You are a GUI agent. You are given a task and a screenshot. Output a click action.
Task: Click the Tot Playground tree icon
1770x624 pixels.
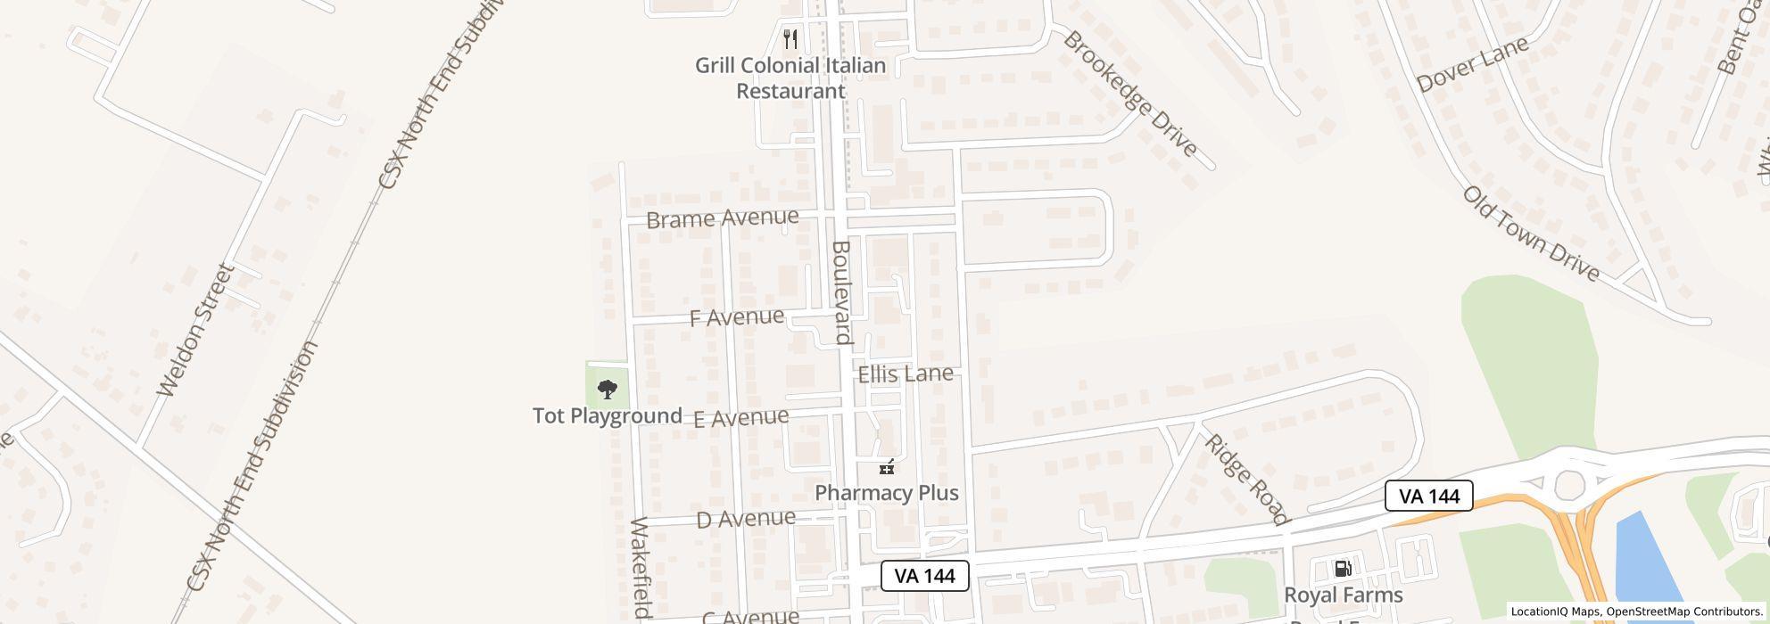pyautogui.click(x=607, y=390)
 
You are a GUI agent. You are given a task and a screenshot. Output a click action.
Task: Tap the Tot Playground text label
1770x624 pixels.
pyautogui.click(x=608, y=416)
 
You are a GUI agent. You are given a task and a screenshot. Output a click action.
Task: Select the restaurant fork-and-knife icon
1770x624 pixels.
pyautogui.click(x=790, y=39)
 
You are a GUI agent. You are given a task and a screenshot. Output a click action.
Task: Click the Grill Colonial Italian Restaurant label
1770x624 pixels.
pyautogui.click(x=790, y=78)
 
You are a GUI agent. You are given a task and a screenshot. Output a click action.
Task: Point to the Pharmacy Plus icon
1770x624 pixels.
pyautogui.click(x=886, y=466)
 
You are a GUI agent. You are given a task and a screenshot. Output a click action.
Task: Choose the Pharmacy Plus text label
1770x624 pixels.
pyautogui.click(x=887, y=493)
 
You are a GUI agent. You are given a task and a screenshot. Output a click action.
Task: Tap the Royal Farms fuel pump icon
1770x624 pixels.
pyautogui.click(x=1342, y=569)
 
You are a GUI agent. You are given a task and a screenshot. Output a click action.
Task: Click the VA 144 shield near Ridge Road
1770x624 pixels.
pyautogui.click(x=1428, y=496)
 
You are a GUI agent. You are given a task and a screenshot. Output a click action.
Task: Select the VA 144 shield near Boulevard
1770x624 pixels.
pyautogui.click(x=924, y=576)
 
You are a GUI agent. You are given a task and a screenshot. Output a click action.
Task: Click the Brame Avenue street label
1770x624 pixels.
pyautogui.click(x=722, y=218)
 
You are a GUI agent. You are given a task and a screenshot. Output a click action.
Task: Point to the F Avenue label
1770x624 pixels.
pyautogui.click(x=737, y=317)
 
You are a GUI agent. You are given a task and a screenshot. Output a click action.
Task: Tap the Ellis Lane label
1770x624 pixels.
pyautogui.click(x=906, y=374)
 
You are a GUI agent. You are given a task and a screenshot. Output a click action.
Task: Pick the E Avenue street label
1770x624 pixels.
pyautogui.click(x=740, y=417)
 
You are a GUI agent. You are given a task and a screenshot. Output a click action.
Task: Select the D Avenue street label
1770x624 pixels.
pyautogui.click(x=746, y=518)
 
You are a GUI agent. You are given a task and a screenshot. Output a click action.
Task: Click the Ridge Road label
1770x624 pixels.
pyautogui.click(x=1246, y=479)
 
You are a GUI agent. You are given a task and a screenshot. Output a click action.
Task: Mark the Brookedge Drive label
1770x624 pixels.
pyautogui.click(x=1130, y=94)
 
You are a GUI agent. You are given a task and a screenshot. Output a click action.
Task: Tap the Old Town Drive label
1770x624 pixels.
pyautogui.click(x=1530, y=234)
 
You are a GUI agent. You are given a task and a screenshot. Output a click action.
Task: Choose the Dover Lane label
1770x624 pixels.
pyautogui.click(x=1472, y=63)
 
